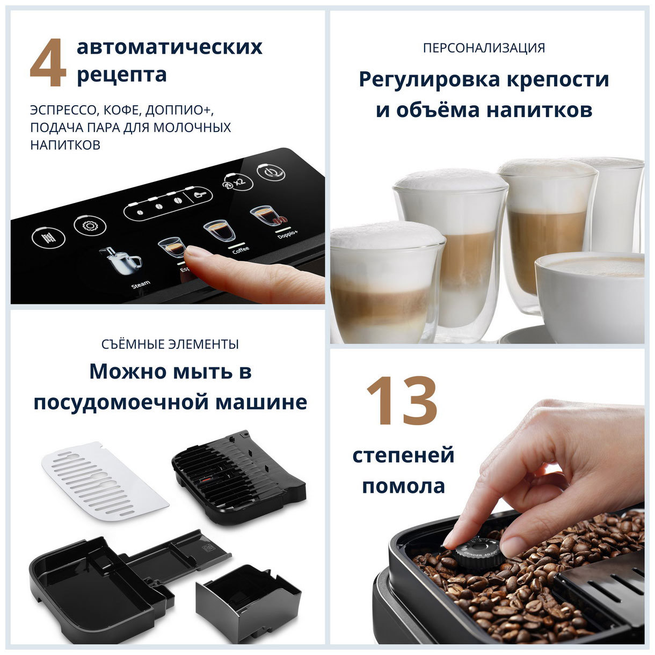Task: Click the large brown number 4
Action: (x=48, y=63)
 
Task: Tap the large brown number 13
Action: (x=402, y=400)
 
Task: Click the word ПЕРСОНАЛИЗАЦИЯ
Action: (x=484, y=48)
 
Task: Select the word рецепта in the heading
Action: (x=121, y=75)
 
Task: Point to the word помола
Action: (x=403, y=486)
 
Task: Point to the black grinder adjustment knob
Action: (x=477, y=550)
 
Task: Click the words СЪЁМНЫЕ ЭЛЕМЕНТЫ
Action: (x=170, y=344)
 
